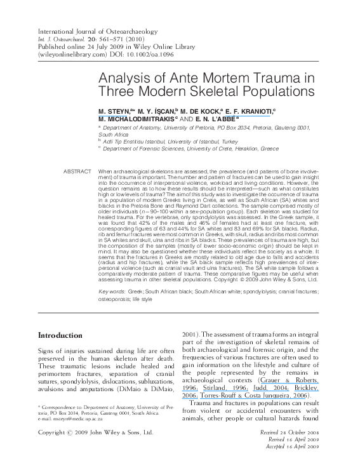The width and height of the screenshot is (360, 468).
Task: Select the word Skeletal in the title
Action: [x=227, y=91]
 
